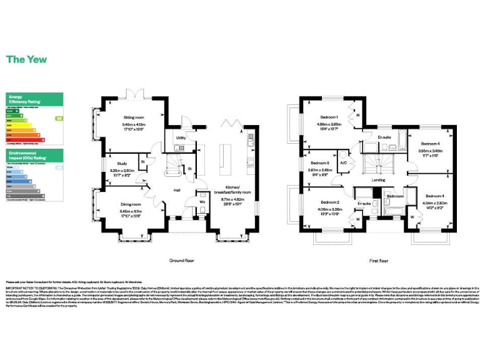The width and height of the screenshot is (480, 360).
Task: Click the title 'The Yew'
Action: pyautogui.click(x=26, y=60)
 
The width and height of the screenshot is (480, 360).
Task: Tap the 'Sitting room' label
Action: pyautogui.click(x=132, y=117)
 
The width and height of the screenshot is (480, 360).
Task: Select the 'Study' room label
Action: pyautogui.click(x=122, y=163)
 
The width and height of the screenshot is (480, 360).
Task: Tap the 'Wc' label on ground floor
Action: pyautogui.click(x=203, y=202)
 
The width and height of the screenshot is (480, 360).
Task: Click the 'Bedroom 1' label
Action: pyautogui.click(x=329, y=117)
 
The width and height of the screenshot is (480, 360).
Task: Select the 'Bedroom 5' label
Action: pyautogui.click(x=319, y=163)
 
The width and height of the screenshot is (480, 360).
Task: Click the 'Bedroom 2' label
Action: pyautogui.click(x=329, y=202)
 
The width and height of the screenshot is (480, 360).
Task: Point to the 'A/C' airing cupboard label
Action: pyautogui.click(x=343, y=163)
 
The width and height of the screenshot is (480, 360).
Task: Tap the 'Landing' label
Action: pyautogui.click(x=379, y=181)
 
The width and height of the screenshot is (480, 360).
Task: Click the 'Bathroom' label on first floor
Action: pyautogui.click(x=395, y=196)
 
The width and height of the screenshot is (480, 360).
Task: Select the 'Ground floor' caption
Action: pyautogui.click(x=182, y=259)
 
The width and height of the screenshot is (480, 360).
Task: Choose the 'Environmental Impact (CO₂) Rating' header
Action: pyautogui.click(x=25, y=155)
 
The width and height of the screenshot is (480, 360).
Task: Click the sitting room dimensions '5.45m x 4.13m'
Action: pyautogui.click(x=132, y=124)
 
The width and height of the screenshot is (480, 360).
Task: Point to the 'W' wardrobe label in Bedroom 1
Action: pyautogui.click(x=357, y=115)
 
